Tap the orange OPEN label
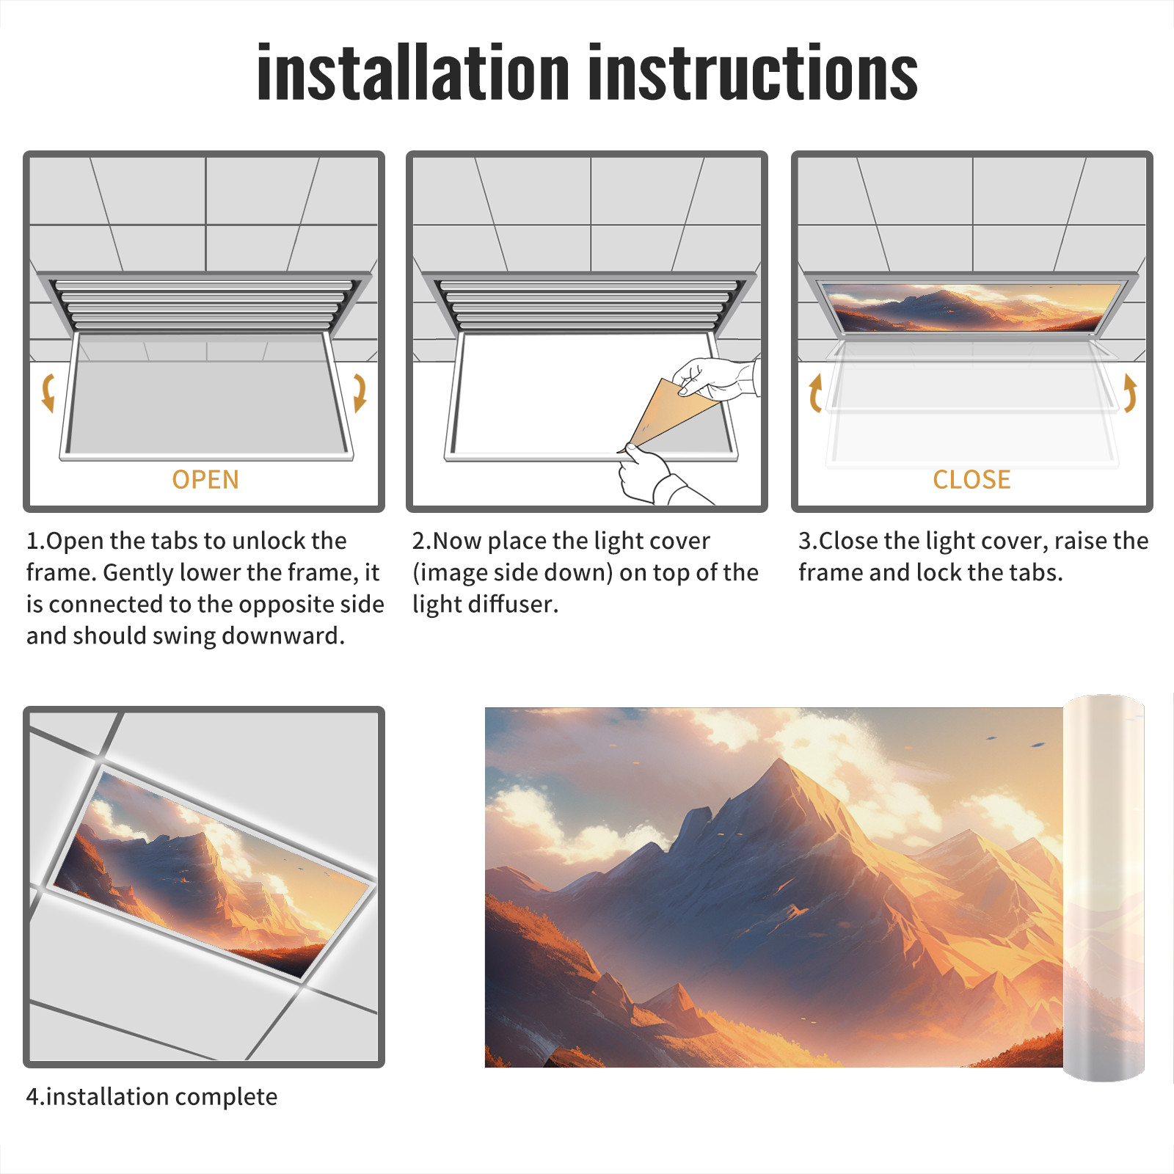205,479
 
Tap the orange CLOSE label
971,479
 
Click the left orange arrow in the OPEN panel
48,393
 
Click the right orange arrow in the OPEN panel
360,393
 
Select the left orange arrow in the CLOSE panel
814,393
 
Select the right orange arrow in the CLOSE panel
1130,393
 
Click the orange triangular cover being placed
671,411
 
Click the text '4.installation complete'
152,1096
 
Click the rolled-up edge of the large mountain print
1104,888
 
